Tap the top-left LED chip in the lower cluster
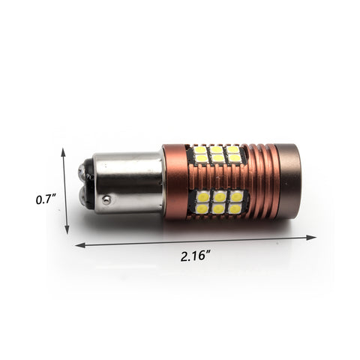coord(201,196)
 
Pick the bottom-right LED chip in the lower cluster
coord(235,208)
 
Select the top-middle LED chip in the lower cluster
coord(218,196)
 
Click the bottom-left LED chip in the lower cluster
coord(201,208)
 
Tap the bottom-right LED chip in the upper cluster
coord(234,158)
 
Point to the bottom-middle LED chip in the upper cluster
coord(217,159)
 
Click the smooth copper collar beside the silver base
coord(174,181)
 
